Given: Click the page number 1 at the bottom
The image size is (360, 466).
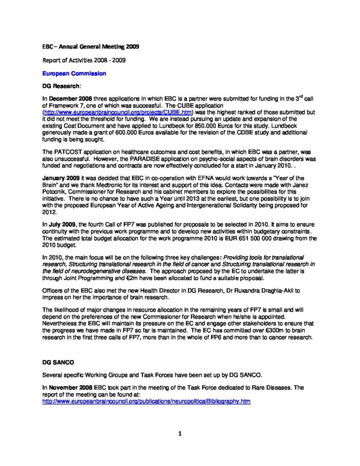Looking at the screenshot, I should [180, 434].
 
